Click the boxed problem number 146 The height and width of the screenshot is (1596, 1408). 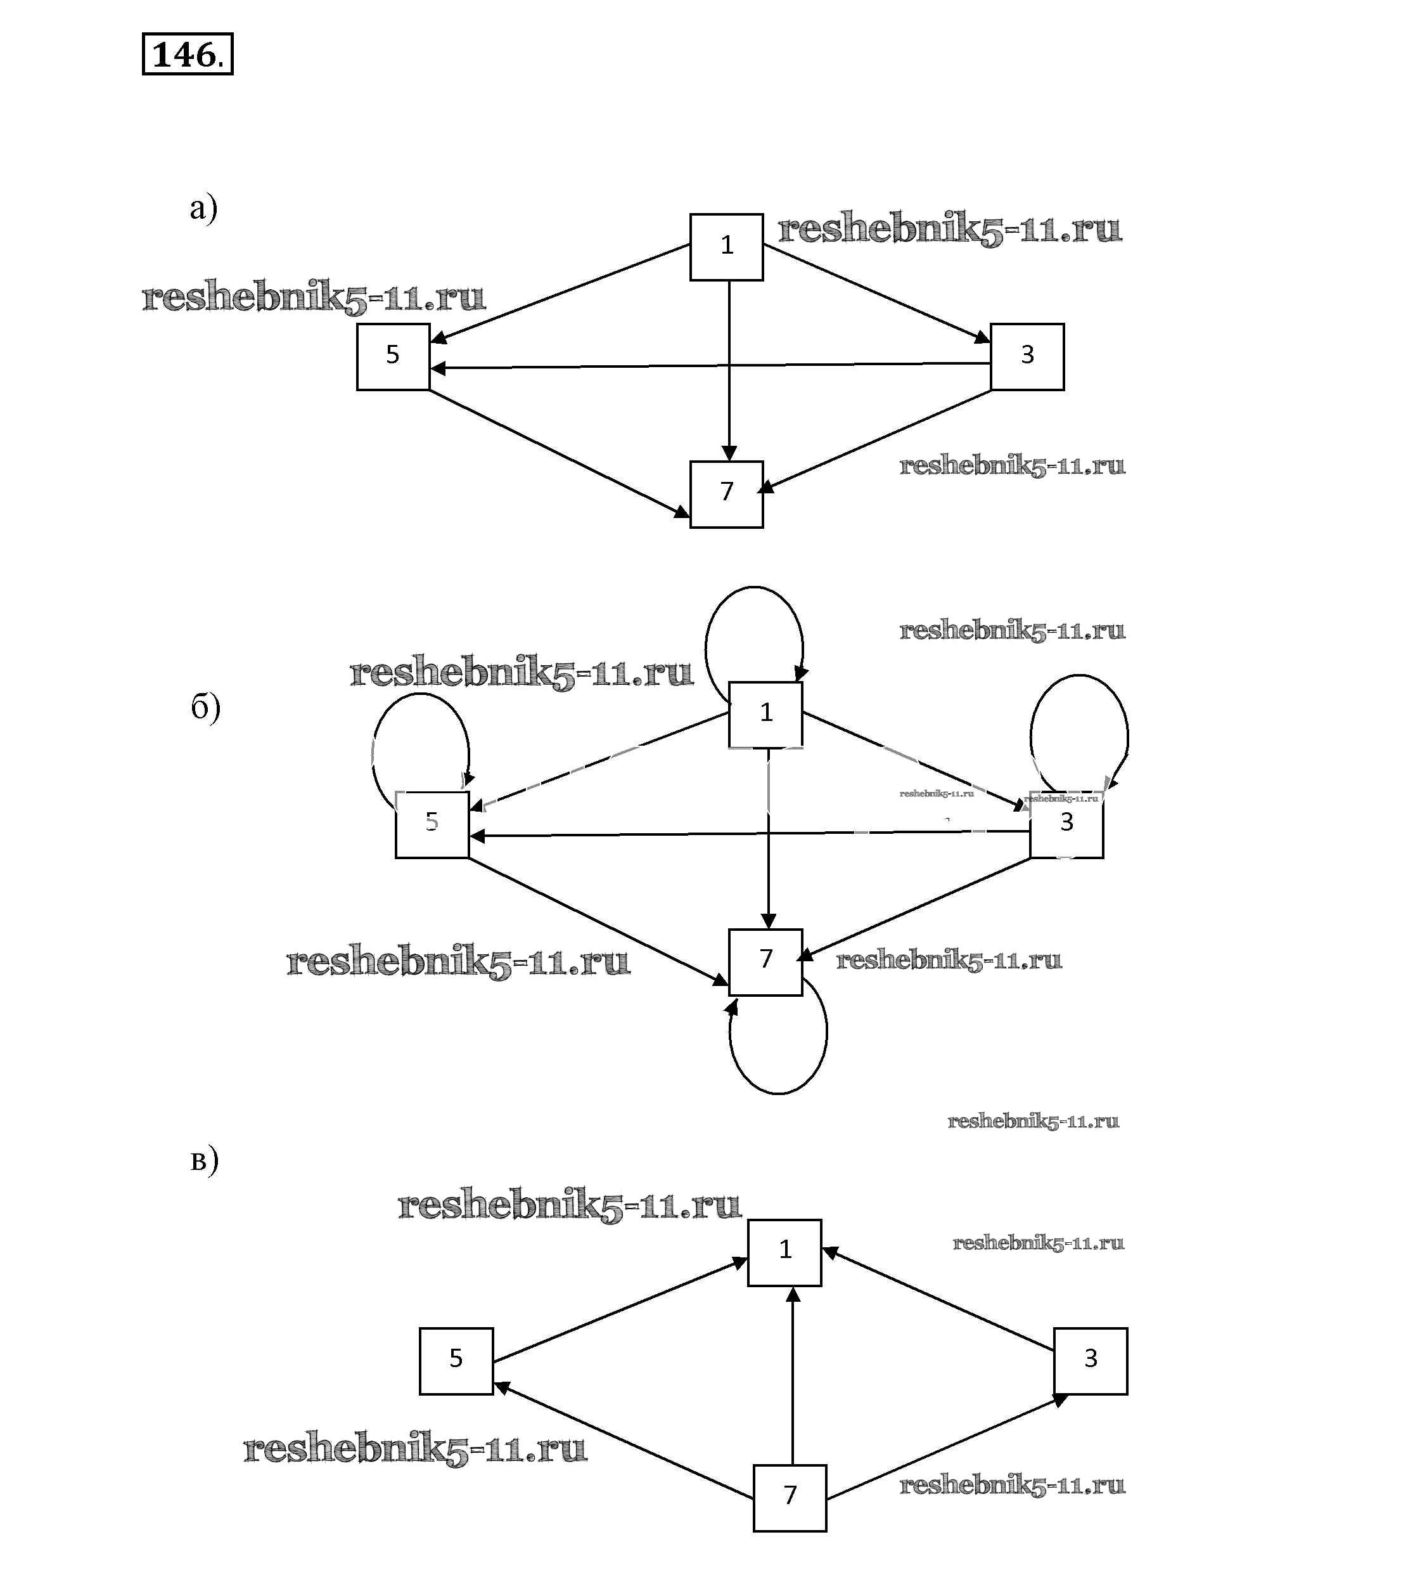pyautogui.click(x=188, y=54)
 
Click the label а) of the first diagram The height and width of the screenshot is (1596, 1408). pyautogui.click(x=203, y=209)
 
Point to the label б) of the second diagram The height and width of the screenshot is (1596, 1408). pyautogui.click(x=205, y=708)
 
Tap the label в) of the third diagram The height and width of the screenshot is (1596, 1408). pyautogui.click(x=205, y=1160)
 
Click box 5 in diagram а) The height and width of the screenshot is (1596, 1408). pyautogui.click(x=393, y=356)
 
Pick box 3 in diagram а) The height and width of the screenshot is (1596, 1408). pyautogui.click(x=1027, y=356)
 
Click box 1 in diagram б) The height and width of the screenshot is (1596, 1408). pyautogui.click(x=765, y=714)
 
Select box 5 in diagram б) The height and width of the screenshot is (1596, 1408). pyautogui.click(x=432, y=824)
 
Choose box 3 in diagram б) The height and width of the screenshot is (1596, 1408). pyautogui.click(x=1066, y=824)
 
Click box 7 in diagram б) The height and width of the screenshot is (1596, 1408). pyautogui.click(x=765, y=961)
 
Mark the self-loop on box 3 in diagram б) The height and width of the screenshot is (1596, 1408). pyautogui.click(x=1078, y=677)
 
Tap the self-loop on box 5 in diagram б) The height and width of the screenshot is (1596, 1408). pyautogui.click(x=420, y=696)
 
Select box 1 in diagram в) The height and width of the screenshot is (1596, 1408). pyautogui.click(x=784, y=1252)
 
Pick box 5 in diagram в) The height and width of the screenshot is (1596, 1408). pyautogui.click(x=456, y=1360)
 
